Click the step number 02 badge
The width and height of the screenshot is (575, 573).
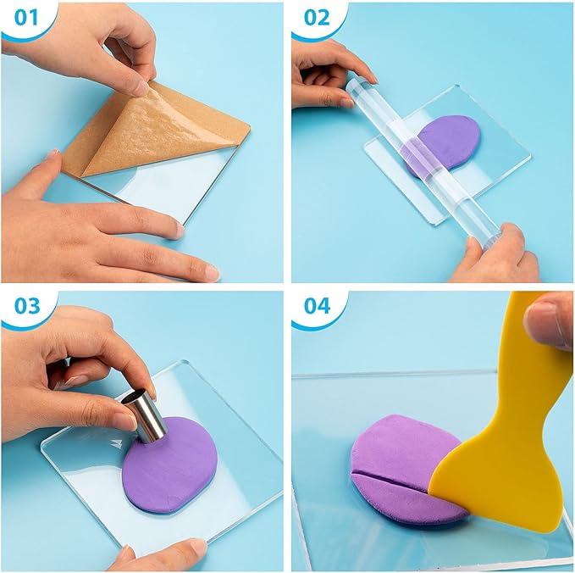coord(313,17)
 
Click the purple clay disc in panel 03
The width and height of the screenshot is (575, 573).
coord(169,466)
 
